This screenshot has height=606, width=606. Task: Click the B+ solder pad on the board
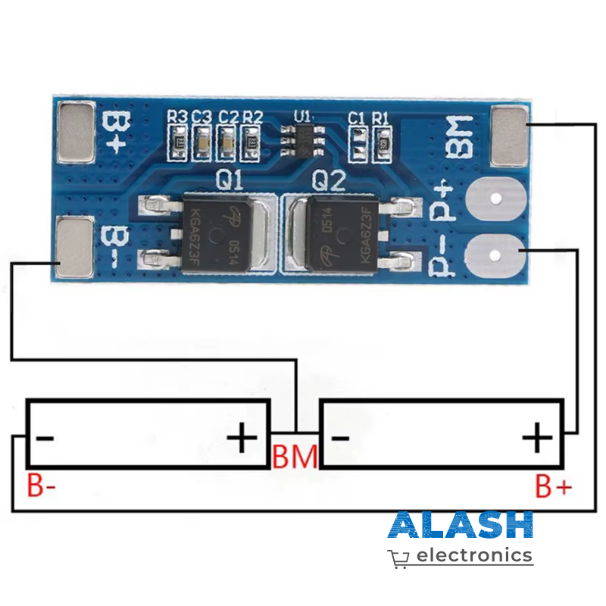[76, 133]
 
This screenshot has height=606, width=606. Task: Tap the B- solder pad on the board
[76, 246]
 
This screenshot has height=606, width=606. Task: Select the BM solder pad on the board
[509, 136]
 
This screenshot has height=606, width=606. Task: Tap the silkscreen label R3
[177, 117]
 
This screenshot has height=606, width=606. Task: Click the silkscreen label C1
[357, 117]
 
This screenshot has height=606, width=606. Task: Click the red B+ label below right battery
[554, 486]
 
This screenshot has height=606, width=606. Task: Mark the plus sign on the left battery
[242, 438]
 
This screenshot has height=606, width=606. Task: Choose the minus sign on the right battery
[340, 438]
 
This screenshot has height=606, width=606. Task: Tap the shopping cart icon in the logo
[399, 558]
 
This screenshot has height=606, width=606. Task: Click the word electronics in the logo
[474, 555]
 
